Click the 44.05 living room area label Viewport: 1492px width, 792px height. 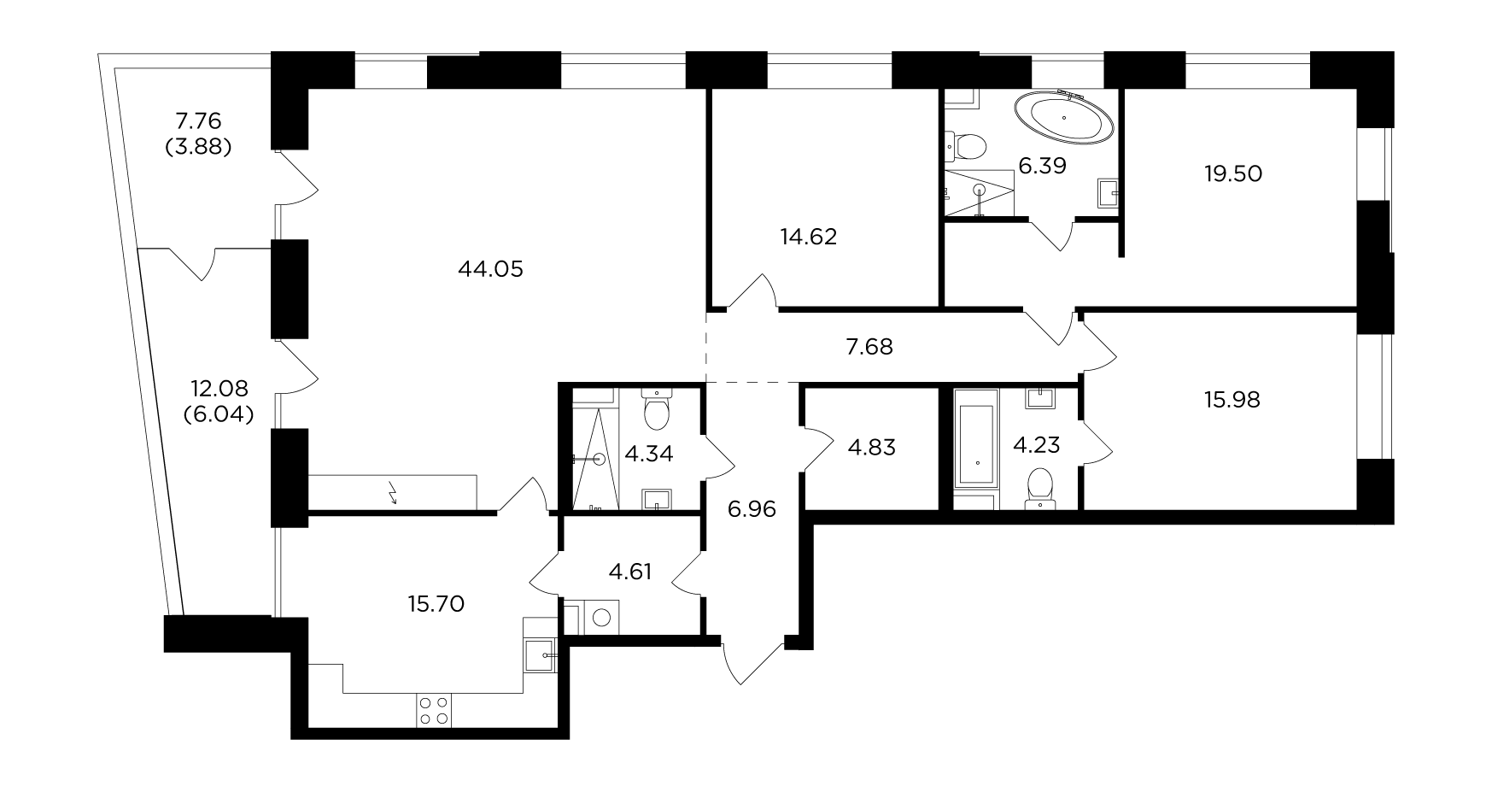(x=490, y=269)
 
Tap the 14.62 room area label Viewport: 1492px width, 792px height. (x=808, y=237)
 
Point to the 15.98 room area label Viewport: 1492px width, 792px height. (x=1231, y=399)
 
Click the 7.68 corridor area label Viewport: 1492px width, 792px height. (x=869, y=346)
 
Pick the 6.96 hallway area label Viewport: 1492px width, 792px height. (x=752, y=510)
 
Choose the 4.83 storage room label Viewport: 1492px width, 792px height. (x=870, y=447)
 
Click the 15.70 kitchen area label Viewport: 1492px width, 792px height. (x=436, y=604)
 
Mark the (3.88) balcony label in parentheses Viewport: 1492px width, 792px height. (x=197, y=146)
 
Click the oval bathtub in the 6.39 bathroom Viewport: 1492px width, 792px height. (x=1064, y=117)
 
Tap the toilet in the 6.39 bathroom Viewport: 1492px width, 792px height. (x=965, y=145)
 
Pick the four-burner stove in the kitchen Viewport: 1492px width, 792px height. (x=434, y=710)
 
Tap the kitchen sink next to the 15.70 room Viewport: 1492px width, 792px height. (x=540, y=656)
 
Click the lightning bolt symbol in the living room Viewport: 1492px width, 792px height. (x=393, y=493)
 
